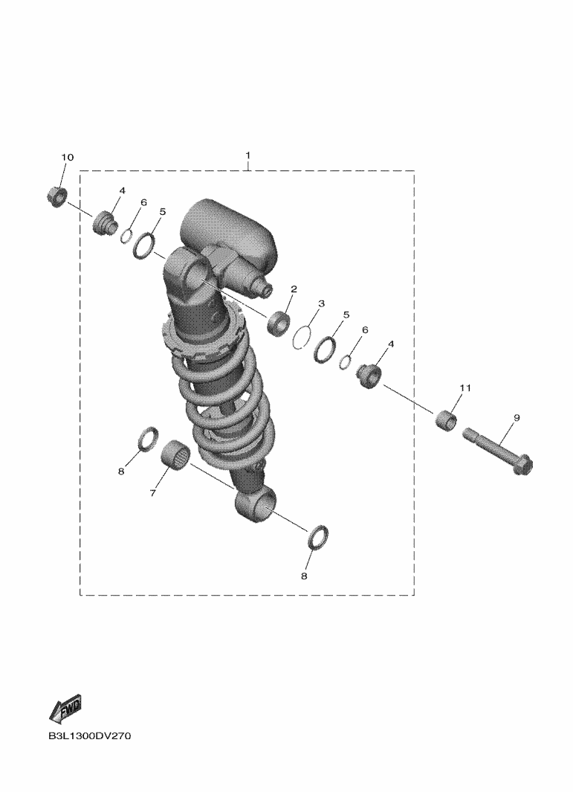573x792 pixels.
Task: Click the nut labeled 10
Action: click(x=56, y=196)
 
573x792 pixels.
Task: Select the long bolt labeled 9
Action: click(x=497, y=451)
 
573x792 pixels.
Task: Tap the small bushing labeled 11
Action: click(x=446, y=421)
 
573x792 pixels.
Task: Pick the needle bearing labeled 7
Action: click(x=175, y=454)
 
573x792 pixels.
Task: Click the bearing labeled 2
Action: click(x=279, y=323)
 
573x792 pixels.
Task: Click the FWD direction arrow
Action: click(x=65, y=708)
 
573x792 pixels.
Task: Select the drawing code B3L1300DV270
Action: click(x=90, y=736)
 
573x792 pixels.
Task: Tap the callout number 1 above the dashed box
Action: click(x=248, y=154)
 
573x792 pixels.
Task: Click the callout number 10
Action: click(x=67, y=157)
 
